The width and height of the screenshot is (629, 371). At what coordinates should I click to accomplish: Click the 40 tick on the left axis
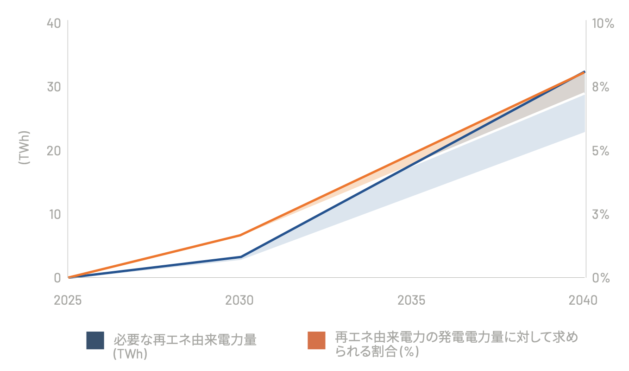tap(54, 23)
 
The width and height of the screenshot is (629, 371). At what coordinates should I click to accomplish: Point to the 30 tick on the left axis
tap(54, 87)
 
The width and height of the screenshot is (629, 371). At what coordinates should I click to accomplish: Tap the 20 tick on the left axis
tap(54, 151)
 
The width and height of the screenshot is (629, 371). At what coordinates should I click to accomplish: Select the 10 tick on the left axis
tap(55, 214)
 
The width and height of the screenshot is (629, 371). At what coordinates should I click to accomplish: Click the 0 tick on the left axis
tap(57, 278)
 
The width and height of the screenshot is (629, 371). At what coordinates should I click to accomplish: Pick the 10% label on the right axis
tap(603, 23)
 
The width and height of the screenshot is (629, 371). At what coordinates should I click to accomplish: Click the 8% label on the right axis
tap(601, 87)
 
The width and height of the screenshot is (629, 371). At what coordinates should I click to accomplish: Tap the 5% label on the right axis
tap(601, 151)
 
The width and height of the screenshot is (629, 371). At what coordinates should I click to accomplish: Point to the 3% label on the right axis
tap(601, 214)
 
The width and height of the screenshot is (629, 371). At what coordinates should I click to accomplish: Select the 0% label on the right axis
tap(601, 278)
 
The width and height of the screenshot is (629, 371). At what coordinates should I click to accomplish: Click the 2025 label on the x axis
tap(68, 300)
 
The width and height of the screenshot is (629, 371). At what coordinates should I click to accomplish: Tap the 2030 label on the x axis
tap(239, 300)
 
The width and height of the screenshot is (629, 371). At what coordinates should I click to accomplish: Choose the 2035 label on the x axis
tap(411, 300)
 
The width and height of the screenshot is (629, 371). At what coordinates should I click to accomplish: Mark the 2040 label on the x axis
tap(583, 300)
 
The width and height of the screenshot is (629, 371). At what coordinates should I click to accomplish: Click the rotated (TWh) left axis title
tap(24, 148)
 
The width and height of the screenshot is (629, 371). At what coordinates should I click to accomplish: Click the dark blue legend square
tap(95, 340)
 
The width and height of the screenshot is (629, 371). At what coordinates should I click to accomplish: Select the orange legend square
tap(316, 340)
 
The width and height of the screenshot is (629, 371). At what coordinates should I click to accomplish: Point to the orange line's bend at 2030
tap(240, 235)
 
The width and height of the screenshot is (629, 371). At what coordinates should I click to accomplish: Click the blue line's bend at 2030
tap(241, 257)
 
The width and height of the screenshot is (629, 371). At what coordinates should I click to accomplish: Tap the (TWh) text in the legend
tap(130, 354)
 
